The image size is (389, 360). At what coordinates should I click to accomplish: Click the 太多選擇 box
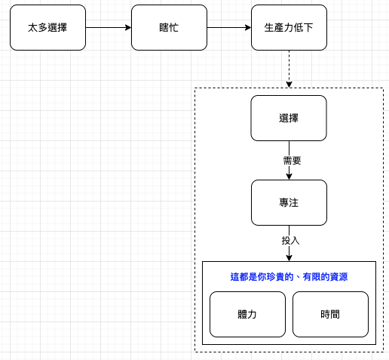pyautogui.click(x=47, y=27)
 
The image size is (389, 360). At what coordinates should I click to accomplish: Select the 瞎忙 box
pyautogui.click(x=169, y=27)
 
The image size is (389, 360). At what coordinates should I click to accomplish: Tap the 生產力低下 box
pyautogui.click(x=289, y=27)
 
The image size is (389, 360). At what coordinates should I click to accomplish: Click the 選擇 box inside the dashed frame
pyautogui.click(x=289, y=118)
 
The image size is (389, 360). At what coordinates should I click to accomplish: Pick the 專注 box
pyautogui.click(x=289, y=202)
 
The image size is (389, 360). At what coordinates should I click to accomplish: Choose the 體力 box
pyautogui.click(x=247, y=314)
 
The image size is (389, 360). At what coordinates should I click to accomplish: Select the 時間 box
pyautogui.click(x=330, y=314)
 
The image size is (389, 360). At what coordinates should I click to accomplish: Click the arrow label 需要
pyautogui.click(x=292, y=160)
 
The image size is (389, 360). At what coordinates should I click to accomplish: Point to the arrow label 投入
pyautogui.click(x=290, y=241)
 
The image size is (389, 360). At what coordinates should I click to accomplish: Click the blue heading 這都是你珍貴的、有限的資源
pyautogui.click(x=289, y=277)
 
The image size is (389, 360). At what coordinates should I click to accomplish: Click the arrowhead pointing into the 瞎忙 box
pyautogui.click(x=128, y=27)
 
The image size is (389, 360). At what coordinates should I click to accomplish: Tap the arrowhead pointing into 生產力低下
pyautogui.click(x=248, y=27)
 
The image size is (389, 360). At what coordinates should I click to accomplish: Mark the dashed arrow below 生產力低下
pyautogui.click(x=289, y=69)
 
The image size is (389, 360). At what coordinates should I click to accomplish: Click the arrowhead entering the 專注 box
pyautogui.click(x=289, y=177)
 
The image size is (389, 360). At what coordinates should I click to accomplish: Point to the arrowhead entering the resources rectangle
pyautogui.click(x=289, y=258)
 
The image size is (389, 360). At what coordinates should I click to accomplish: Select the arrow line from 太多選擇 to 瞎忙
pyautogui.click(x=109, y=27)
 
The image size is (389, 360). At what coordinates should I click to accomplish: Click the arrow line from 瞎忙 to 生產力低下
pyautogui.click(x=229, y=27)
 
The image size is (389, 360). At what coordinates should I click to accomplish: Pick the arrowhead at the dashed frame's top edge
pyautogui.click(x=289, y=85)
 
